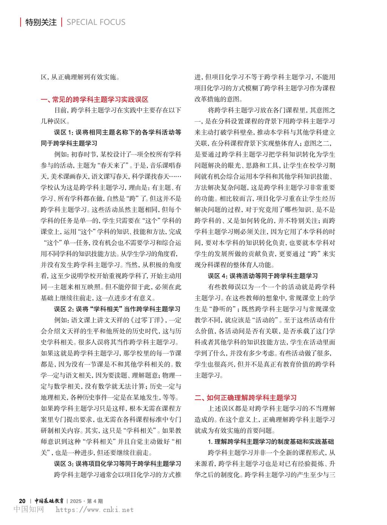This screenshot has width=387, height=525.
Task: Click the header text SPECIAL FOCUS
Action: (96, 22)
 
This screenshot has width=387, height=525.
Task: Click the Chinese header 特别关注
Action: (41, 22)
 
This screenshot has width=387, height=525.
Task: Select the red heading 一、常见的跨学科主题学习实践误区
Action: (94, 100)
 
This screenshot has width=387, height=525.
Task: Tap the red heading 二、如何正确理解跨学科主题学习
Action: (246, 398)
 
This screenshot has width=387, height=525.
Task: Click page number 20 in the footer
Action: (22, 500)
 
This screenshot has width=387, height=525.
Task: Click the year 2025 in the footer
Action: (76, 500)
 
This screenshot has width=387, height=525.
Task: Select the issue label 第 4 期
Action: (95, 500)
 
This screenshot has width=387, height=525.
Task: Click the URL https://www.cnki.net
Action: (94, 510)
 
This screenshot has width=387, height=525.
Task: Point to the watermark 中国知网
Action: (29, 510)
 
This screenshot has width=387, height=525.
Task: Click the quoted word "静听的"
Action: (221, 309)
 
